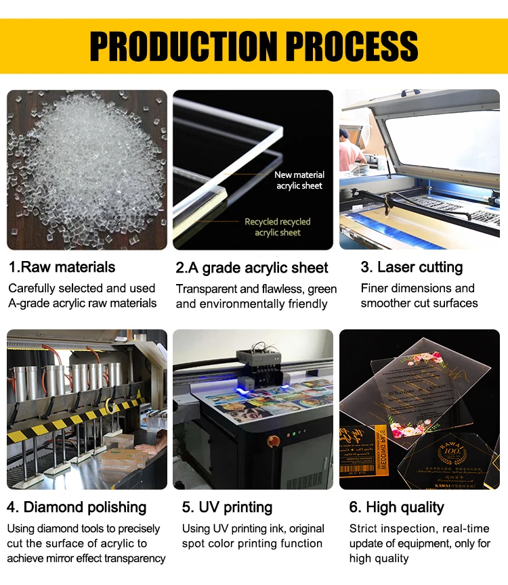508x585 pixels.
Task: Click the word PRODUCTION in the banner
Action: click(x=182, y=45)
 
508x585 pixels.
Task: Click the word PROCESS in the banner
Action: click(x=350, y=45)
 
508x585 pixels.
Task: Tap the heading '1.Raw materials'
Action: click(x=62, y=267)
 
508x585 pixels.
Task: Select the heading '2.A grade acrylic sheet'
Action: click(x=252, y=268)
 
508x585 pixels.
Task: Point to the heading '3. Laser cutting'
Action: click(x=412, y=267)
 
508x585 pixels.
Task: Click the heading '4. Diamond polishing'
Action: click(x=77, y=507)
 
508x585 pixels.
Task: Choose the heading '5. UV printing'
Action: click(x=227, y=507)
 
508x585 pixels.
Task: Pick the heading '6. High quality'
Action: click(x=396, y=507)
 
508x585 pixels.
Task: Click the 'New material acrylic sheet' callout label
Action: click(x=299, y=180)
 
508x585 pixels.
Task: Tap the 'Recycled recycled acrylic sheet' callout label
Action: click(x=278, y=227)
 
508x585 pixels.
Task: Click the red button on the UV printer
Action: click(x=274, y=440)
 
